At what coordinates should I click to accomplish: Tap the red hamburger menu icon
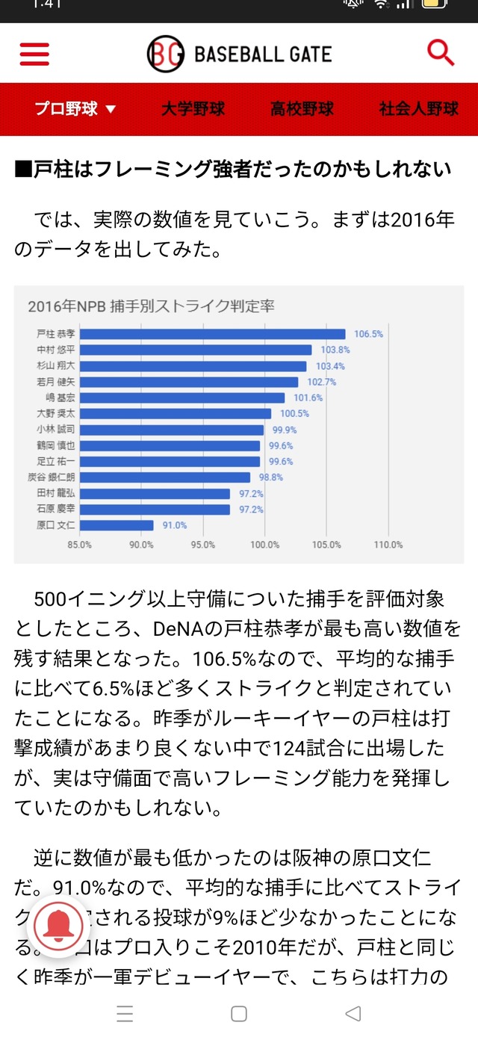[x=34, y=54]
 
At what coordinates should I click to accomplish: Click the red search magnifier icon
[x=441, y=53]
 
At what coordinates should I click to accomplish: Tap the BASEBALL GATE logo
[x=239, y=54]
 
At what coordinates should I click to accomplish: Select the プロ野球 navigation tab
[x=75, y=109]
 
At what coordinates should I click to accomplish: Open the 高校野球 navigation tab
[x=302, y=109]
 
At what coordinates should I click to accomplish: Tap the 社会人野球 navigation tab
[x=418, y=109]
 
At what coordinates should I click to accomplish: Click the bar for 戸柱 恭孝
[x=212, y=334]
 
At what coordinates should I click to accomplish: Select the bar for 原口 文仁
[x=117, y=525]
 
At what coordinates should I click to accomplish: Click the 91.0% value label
[x=175, y=525]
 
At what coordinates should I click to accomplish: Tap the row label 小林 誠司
[x=55, y=430]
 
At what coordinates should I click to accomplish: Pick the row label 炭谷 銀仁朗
[x=55, y=477]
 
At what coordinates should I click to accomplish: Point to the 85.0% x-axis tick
[x=79, y=545]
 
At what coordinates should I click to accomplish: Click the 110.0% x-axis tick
[x=388, y=545]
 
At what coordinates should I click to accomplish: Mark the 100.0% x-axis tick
[x=264, y=545]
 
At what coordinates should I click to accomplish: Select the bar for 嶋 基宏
[x=181, y=397]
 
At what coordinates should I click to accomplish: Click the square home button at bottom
[x=239, y=1014]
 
